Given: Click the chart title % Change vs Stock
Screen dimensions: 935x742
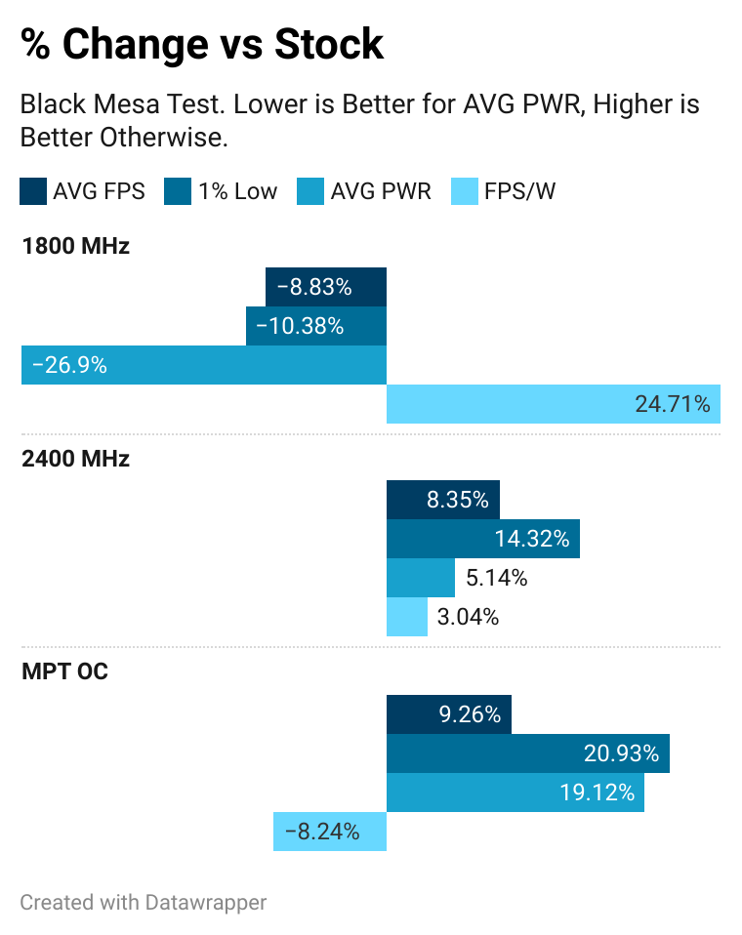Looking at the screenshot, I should [202, 45].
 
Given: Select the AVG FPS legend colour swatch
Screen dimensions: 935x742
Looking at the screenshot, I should [32, 191].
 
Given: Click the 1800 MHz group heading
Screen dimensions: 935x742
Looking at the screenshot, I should [75, 246].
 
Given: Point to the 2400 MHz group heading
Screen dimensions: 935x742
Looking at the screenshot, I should [75, 459].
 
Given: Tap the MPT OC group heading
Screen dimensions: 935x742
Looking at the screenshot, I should [63, 672].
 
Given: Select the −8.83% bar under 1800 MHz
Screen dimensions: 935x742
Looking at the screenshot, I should [326, 287].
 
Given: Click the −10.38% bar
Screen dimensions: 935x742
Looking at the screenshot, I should [316, 326].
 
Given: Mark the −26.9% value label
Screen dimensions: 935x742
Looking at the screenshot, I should [69, 366].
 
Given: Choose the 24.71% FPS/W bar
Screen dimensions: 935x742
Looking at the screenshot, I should [553, 404].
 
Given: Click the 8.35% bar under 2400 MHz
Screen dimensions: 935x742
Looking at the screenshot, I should [443, 500].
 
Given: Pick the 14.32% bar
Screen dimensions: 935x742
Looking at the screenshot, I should [483, 539].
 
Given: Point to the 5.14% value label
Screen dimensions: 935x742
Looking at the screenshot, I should [497, 578].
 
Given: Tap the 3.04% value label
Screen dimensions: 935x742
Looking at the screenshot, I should [469, 617].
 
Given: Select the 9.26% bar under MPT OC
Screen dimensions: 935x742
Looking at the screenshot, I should [449, 714].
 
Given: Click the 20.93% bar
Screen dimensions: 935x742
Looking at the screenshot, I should [527, 753].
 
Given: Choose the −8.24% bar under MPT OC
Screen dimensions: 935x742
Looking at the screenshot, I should [330, 832].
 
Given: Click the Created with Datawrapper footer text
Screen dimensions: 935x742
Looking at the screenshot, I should [143, 902].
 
